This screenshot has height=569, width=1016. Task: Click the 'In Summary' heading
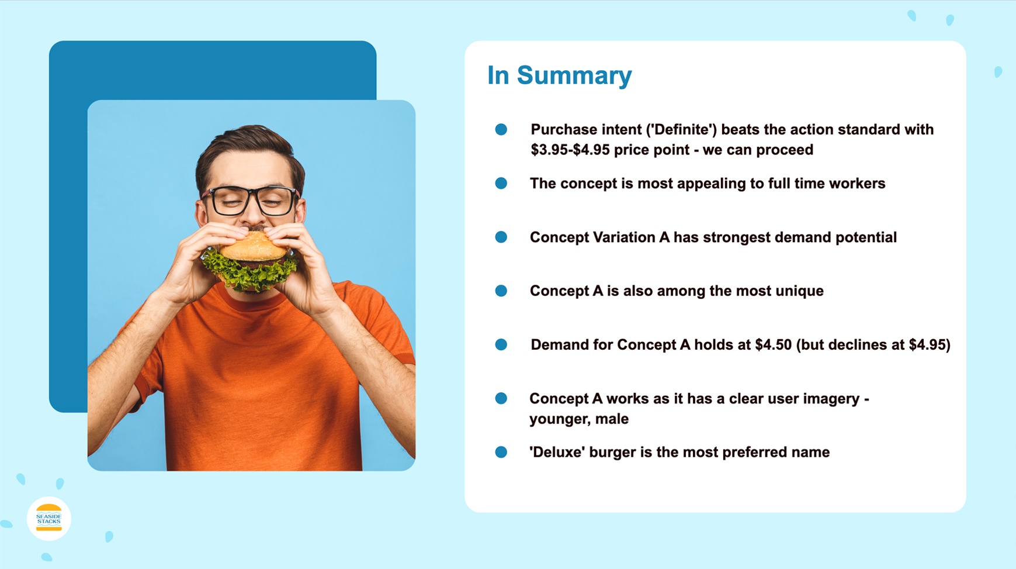(x=559, y=75)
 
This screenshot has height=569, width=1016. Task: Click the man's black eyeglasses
(x=251, y=201)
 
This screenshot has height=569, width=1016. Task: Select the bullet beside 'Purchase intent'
(x=501, y=130)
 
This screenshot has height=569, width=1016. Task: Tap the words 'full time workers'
(x=827, y=184)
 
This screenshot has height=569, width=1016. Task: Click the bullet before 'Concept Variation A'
(x=501, y=237)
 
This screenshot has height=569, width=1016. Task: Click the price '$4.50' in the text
(x=773, y=345)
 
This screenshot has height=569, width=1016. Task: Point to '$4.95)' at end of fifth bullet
(x=930, y=345)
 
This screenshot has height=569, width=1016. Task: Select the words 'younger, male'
(x=578, y=419)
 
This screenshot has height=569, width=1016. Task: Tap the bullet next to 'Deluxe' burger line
(x=501, y=453)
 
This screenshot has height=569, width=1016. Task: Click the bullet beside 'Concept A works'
(x=501, y=399)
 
